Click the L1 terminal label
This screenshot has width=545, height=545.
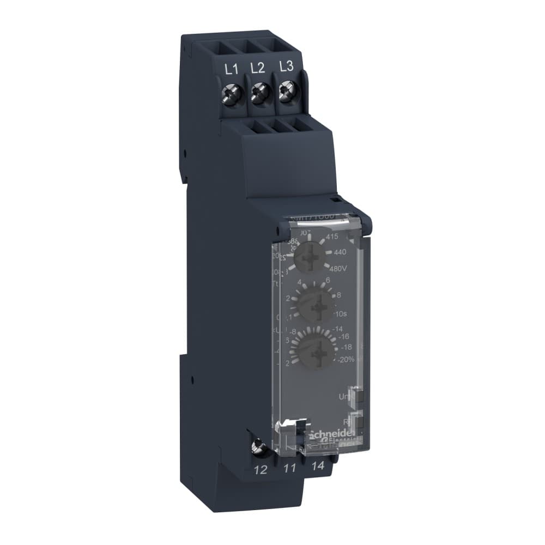(x=232, y=69)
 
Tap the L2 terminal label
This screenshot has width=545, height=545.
(x=258, y=68)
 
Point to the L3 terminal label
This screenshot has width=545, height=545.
(x=286, y=66)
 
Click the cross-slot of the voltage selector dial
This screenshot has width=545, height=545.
(x=314, y=253)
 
